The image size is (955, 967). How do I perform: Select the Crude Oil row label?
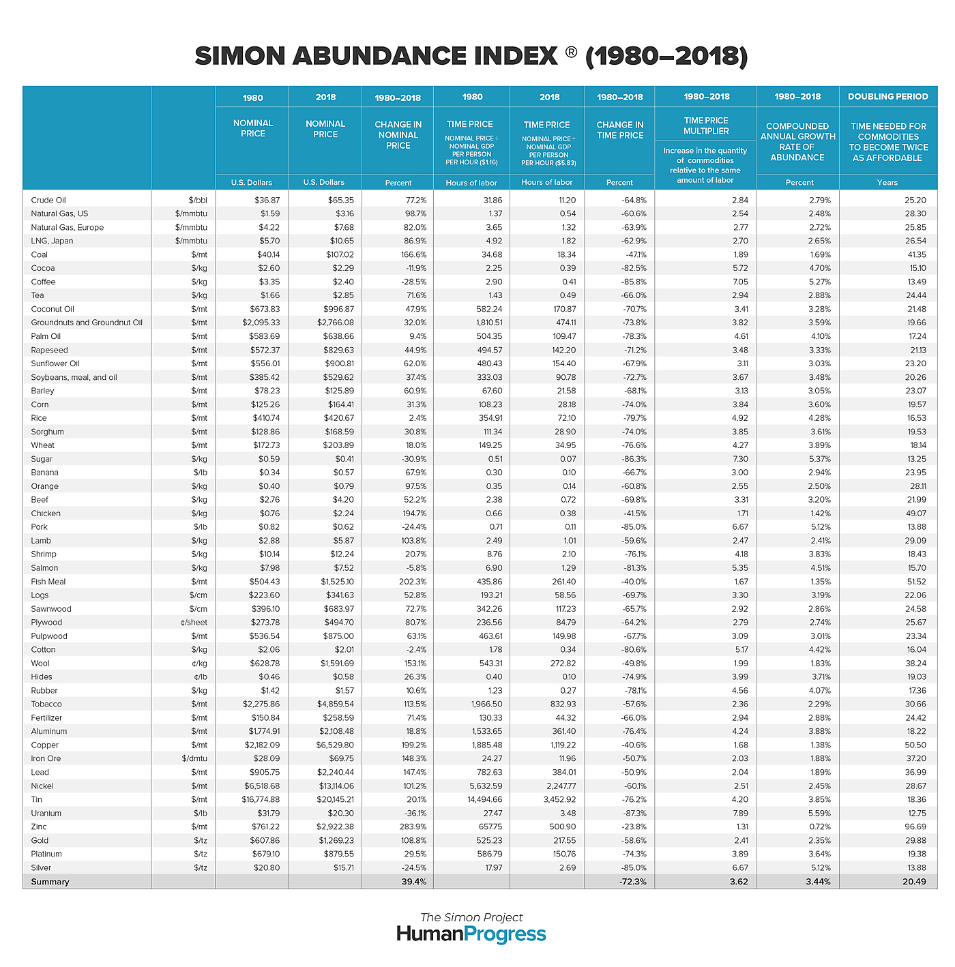coord(48,200)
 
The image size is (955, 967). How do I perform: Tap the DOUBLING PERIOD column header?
coord(887,97)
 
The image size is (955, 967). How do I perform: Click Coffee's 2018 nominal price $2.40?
coord(340,282)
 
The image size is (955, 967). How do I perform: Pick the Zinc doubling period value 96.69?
coord(913,827)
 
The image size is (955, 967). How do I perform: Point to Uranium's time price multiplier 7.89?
coord(739,813)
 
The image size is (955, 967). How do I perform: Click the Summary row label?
coord(50,882)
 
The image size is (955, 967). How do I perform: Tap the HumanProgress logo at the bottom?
coord(471,934)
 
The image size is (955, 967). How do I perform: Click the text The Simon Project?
coord(471,917)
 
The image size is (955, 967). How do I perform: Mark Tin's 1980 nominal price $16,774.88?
coord(261,799)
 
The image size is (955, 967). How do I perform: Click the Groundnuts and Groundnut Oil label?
coord(87,323)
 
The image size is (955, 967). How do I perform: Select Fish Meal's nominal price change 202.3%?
coord(413,582)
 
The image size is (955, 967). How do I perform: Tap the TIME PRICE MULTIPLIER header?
coord(706,125)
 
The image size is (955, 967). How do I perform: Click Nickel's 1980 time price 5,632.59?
coord(482,786)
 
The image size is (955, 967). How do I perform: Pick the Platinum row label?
coord(46,854)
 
